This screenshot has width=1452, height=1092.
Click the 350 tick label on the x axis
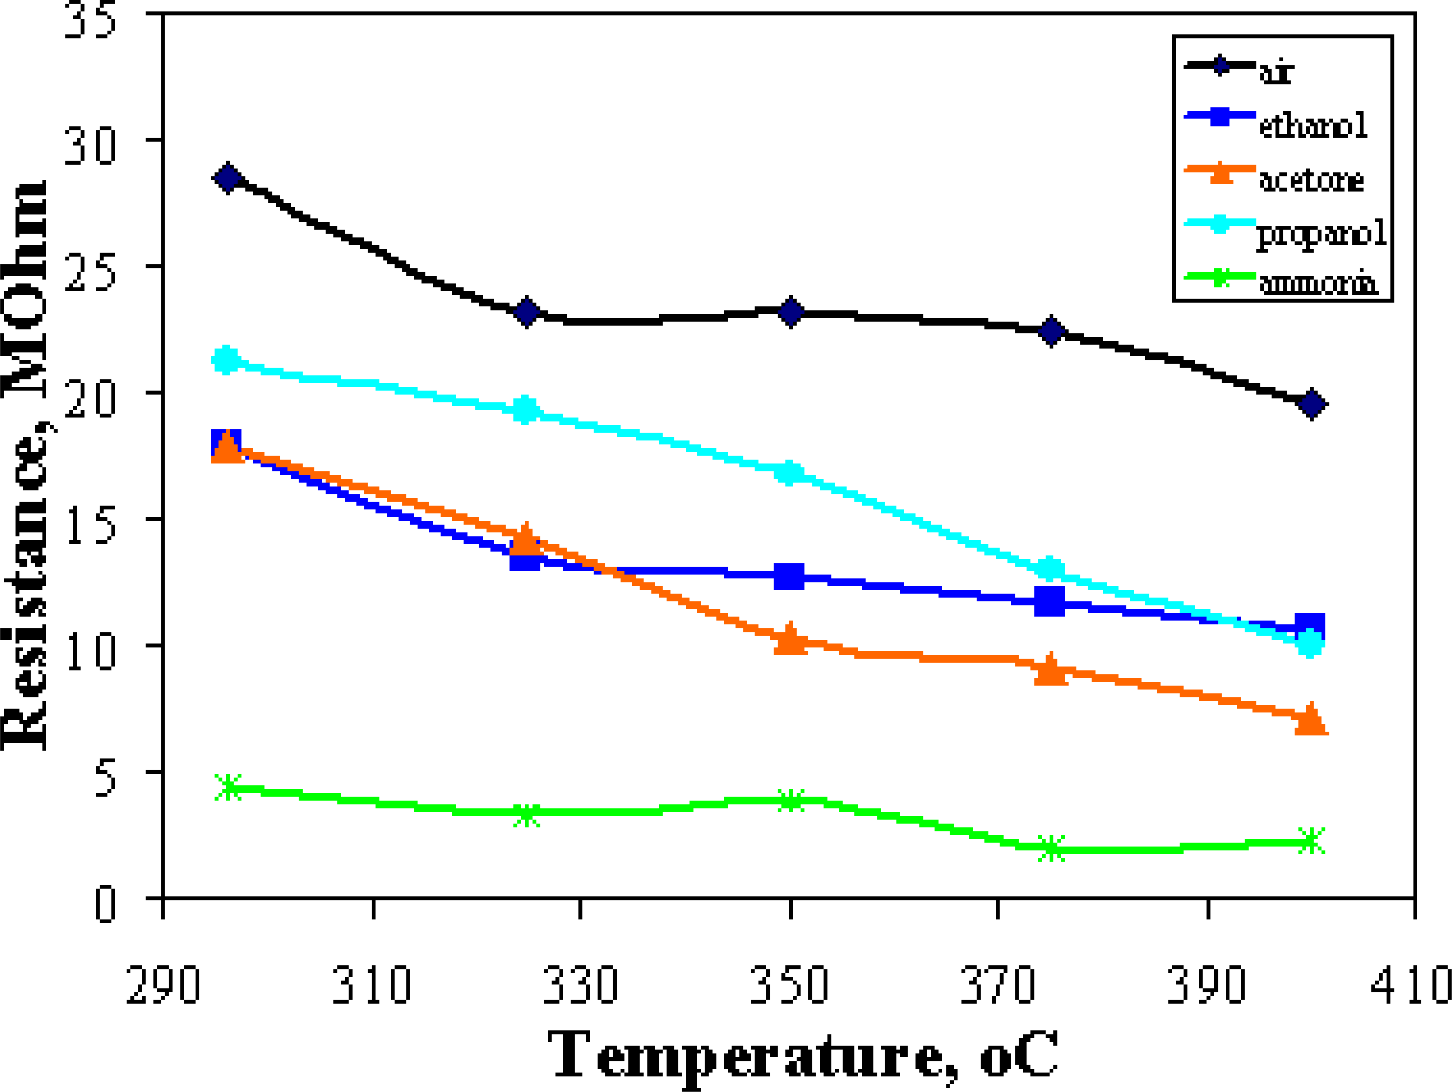point(790,985)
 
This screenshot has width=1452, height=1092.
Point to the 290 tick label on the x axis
point(163,985)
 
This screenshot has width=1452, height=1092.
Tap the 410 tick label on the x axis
point(1411,985)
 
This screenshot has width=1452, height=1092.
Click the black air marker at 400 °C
point(1311,404)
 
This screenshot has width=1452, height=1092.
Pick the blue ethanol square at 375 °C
point(1049,601)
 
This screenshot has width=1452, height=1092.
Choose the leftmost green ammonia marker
point(228,787)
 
